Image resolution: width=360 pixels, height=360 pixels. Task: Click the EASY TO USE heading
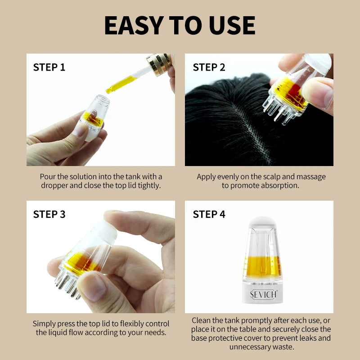[180, 25]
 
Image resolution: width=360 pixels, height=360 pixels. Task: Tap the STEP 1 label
[49, 67]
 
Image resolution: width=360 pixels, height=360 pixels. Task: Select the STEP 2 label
[209, 67]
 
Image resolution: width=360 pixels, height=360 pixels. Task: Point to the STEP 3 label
[49, 214]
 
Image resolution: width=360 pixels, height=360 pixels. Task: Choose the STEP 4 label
[209, 214]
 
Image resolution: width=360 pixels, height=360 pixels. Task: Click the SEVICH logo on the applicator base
[263, 294]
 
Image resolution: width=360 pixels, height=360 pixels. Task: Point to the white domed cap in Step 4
[262, 221]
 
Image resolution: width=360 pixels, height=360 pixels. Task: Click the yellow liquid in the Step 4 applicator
[262, 266]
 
